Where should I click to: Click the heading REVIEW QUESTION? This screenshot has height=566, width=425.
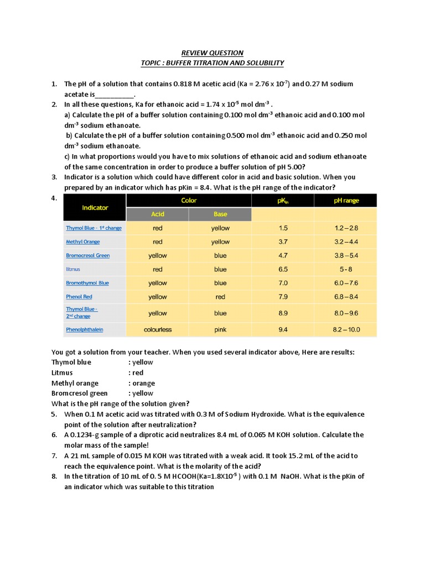212,53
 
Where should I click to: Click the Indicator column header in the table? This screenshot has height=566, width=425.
95,207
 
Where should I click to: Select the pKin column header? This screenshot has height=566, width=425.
283,201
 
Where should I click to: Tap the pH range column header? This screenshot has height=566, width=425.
345,201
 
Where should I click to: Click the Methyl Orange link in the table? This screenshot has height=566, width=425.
84,242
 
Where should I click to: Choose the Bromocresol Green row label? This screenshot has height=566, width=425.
87,255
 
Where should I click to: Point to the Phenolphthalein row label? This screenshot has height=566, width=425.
84,329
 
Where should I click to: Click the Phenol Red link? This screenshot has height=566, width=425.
79,297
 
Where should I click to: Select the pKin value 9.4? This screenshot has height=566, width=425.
283,329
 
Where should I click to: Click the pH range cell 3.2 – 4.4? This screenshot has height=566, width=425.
345,242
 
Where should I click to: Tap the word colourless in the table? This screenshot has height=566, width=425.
157,329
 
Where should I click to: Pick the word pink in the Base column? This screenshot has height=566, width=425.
220,329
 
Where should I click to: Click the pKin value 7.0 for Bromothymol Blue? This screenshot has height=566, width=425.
283,283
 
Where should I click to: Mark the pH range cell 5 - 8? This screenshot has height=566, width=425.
345,269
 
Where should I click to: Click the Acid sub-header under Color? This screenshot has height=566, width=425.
157,214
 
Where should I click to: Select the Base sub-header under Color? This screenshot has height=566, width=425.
220,214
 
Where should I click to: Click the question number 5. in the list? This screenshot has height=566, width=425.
54,414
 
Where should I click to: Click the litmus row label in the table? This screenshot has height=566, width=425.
73,269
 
